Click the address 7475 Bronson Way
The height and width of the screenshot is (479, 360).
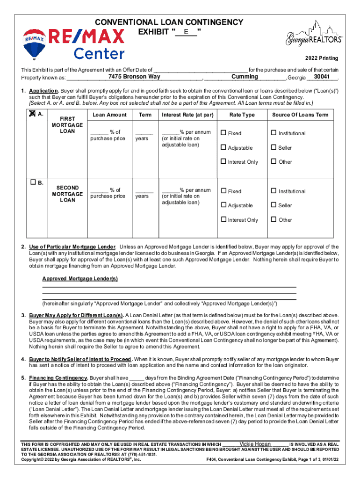click(x=134, y=77)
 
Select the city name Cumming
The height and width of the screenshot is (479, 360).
click(x=245, y=77)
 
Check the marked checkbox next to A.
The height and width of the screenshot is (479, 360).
click(x=32, y=114)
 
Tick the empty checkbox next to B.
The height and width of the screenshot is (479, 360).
click(x=32, y=182)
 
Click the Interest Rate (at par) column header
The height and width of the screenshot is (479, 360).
click(x=187, y=115)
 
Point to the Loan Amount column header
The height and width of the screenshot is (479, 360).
click(x=109, y=115)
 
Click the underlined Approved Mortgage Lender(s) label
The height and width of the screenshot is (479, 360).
click(x=80, y=279)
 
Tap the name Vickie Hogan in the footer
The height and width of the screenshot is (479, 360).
click(x=255, y=444)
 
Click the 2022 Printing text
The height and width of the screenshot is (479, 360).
click(x=322, y=58)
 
